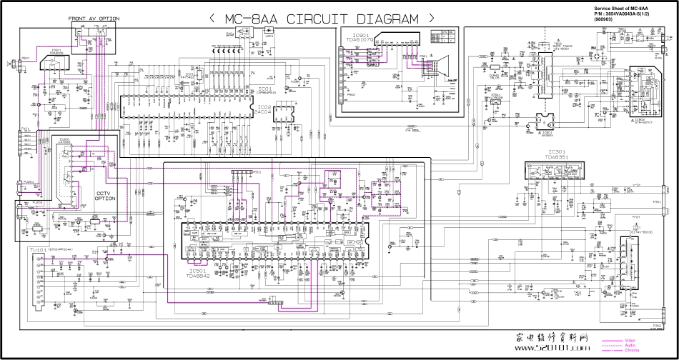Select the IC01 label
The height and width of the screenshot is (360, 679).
click(264, 89)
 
